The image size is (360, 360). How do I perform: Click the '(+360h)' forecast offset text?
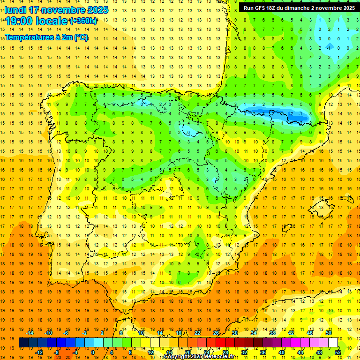coord(83,21)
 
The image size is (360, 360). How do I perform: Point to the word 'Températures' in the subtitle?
coord(28,37)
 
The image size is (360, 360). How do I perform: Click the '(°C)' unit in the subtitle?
coord(81,37)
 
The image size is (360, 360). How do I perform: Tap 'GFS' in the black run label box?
coord(261,8)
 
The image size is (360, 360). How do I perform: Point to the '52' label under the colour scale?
coord(338,352)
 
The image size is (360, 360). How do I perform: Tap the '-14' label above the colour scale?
coord(30,333)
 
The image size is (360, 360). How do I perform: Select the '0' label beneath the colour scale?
coord(93,352)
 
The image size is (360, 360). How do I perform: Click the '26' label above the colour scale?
coord(216,333)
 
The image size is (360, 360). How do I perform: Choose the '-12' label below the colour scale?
coord(39,352)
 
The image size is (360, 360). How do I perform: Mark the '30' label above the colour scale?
coord(235,333)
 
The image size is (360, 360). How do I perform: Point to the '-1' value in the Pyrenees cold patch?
coord(300,113)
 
